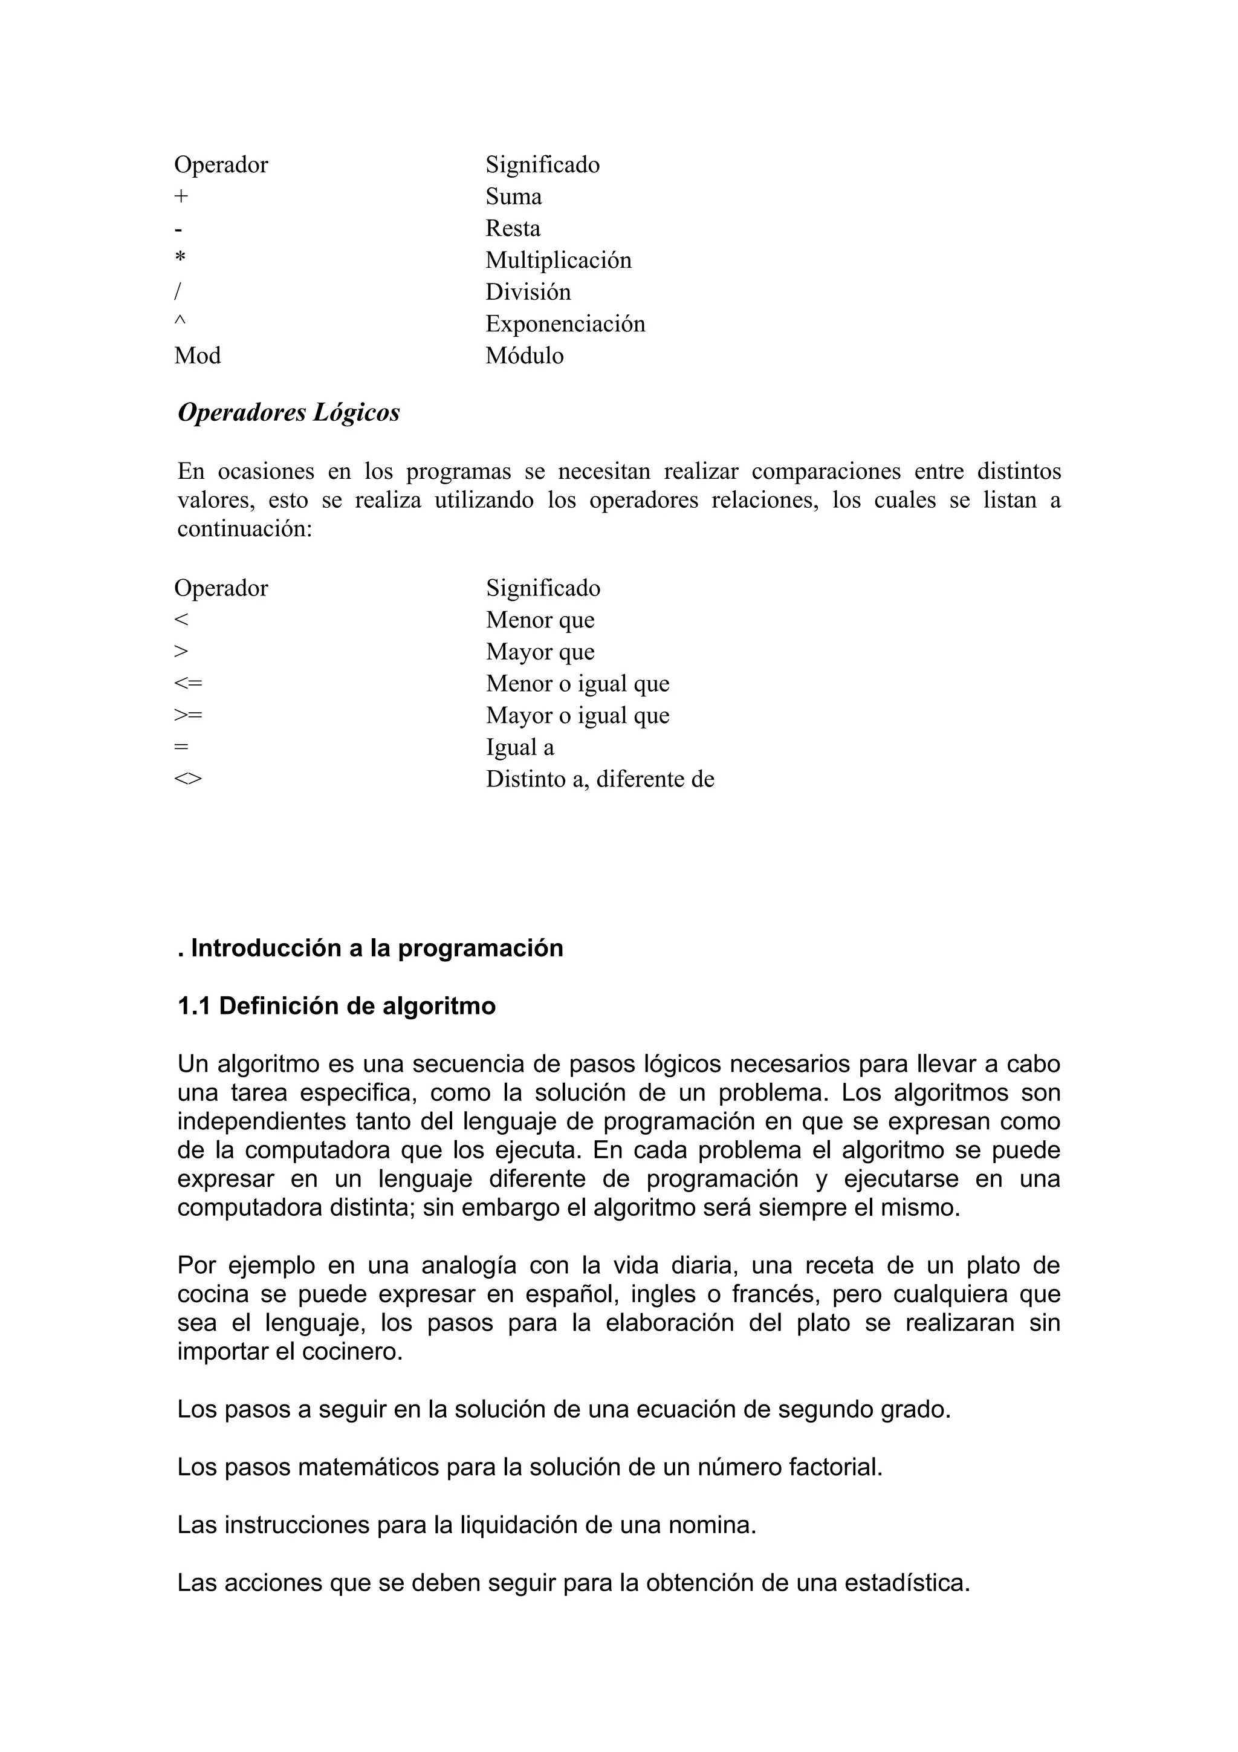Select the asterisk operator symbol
(x=180, y=258)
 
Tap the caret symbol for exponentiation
(x=180, y=321)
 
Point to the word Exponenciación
(x=565, y=324)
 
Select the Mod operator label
(x=198, y=356)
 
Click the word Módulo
(x=524, y=356)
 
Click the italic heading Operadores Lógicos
(x=288, y=413)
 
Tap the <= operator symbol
(x=189, y=683)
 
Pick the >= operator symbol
(x=189, y=715)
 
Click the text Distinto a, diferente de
(x=600, y=780)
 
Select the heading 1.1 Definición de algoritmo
(x=336, y=1007)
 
